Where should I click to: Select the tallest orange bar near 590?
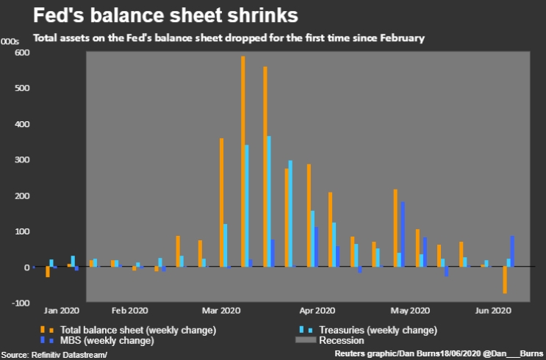point(243,162)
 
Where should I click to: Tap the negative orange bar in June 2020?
point(505,280)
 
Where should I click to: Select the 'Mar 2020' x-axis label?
point(221,311)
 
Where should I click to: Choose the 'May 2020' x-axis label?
point(409,311)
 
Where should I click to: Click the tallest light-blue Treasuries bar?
point(269,201)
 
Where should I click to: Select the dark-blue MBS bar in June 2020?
point(511,251)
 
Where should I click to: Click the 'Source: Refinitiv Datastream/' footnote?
point(54,354)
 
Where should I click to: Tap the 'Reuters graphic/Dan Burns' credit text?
point(385,354)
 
